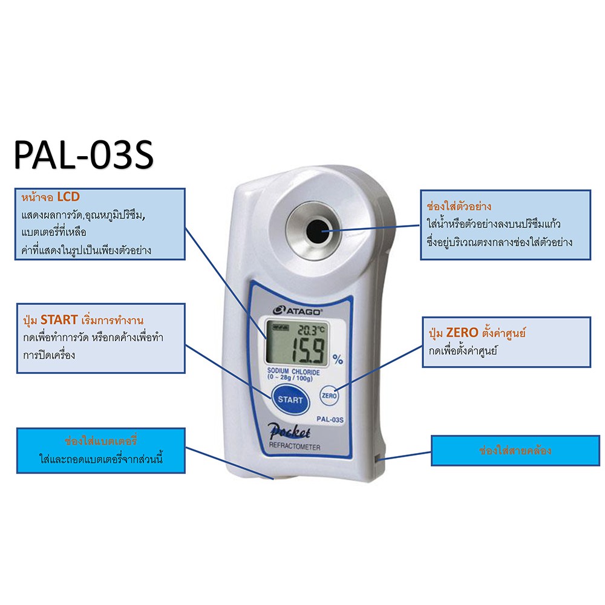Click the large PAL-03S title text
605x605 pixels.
tap(83, 155)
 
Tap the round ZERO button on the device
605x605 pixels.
tap(329, 396)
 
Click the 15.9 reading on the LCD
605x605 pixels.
tap(307, 349)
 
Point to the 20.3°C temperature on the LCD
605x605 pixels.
tap(312, 329)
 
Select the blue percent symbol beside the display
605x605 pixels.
tap(338, 359)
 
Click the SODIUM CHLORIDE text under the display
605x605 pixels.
tap(293, 371)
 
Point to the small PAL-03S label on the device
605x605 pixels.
tap(330, 419)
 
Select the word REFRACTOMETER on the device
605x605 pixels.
tap(295, 447)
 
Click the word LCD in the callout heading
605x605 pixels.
tap(68, 197)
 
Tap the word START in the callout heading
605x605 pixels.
tap(59, 320)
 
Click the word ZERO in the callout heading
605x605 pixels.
tap(462, 333)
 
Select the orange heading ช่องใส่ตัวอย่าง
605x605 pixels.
tap(459, 206)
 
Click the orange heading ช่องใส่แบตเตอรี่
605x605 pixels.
tap(100, 440)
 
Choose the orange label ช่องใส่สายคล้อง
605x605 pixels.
tap(515, 450)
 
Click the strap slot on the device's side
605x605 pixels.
tap(377, 459)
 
